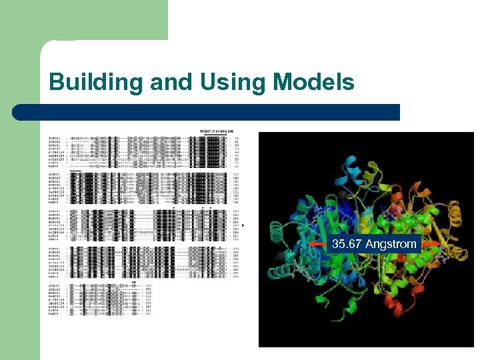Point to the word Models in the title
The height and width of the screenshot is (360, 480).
tap(313, 83)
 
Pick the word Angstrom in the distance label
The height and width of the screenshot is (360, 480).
tap(391, 244)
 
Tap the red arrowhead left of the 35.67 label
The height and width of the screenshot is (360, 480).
tap(314, 245)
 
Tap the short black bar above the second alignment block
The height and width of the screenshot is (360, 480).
tap(76, 171)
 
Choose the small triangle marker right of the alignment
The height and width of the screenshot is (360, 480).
tap(244, 226)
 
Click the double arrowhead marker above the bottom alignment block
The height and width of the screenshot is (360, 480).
tap(135, 282)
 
